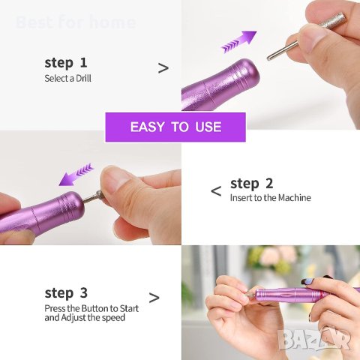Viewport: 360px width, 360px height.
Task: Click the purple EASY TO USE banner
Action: [175, 127]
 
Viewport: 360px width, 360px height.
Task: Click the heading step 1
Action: [66, 63]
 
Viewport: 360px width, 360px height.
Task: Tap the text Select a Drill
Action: [67, 78]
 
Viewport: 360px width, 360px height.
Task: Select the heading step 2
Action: [252, 184]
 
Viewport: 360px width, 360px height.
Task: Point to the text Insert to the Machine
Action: [270, 198]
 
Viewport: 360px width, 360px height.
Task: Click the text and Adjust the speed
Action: [85, 317]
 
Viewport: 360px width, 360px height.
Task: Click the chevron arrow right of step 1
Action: [163, 68]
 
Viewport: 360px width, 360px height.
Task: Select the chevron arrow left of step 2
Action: [216, 191]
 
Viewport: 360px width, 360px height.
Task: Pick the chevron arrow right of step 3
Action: [154, 298]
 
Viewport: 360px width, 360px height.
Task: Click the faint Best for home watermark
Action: [75, 22]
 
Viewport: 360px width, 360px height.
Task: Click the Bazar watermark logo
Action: [314, 339]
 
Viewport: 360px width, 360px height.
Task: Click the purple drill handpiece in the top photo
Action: [221, 86]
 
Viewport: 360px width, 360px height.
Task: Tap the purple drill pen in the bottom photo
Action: [289, 295]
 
